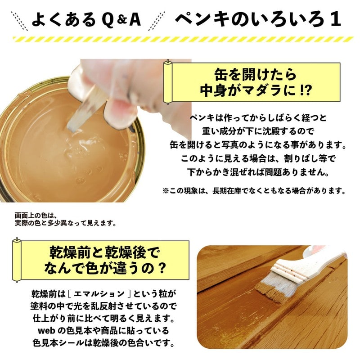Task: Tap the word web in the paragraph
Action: (39, 331)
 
